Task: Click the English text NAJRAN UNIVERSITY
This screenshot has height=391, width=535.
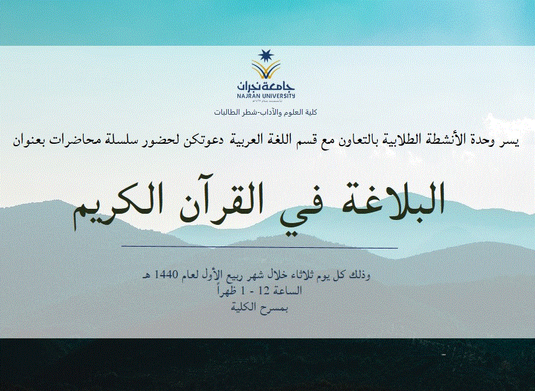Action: coord(266,97)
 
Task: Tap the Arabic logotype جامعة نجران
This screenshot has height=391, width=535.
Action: coord(266,87)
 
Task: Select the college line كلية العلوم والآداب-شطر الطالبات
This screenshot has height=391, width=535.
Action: coord(266,112)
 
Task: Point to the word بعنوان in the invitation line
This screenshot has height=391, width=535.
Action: coord(29,141)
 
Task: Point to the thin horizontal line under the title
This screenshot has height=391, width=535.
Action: coord(260,247)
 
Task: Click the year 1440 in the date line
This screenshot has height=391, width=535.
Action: coord(166,275)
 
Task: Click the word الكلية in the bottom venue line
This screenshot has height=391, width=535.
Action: coord(244,307)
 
